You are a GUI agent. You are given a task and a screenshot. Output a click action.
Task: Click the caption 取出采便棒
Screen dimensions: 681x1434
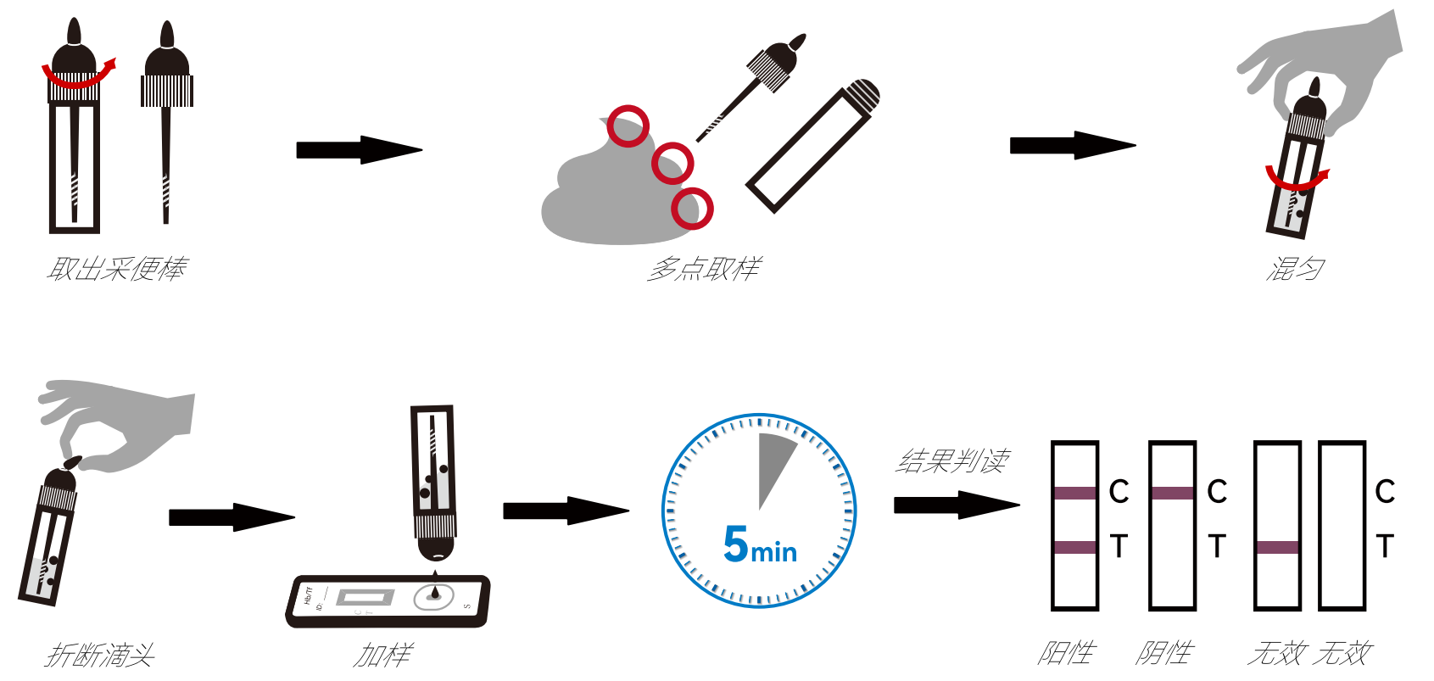116,269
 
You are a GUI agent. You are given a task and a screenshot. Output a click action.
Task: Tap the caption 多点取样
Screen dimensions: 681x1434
703,269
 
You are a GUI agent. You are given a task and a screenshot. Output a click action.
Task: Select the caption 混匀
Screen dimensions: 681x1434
1294,269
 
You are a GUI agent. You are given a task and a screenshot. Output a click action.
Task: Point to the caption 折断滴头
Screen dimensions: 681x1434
100,655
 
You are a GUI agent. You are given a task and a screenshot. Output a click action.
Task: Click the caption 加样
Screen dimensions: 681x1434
382,655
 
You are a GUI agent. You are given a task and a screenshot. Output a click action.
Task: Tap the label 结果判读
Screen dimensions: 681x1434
951,461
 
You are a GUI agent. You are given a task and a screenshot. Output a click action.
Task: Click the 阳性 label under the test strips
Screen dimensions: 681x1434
1066,652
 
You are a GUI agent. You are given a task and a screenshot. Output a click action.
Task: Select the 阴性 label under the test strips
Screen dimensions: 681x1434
1164,652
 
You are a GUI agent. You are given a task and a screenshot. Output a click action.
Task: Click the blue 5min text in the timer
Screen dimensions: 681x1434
760,544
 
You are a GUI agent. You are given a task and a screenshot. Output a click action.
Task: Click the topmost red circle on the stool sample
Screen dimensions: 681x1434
628,126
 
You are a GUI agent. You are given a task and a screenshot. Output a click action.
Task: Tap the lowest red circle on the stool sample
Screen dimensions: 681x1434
692,208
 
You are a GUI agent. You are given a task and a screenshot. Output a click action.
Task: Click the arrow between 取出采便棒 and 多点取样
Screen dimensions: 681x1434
358,150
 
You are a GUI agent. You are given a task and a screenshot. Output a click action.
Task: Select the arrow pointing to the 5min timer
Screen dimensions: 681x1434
565,511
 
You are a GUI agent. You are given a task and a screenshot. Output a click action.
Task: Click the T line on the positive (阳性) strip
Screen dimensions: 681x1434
1074,547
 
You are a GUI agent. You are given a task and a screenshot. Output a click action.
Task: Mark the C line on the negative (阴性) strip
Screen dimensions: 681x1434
1173,493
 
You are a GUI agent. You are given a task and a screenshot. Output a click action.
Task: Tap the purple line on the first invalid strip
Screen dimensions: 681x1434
1277,547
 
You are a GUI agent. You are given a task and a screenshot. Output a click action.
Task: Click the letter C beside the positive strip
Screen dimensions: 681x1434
1119,491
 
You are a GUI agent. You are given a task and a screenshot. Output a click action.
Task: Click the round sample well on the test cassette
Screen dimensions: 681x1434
434,596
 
